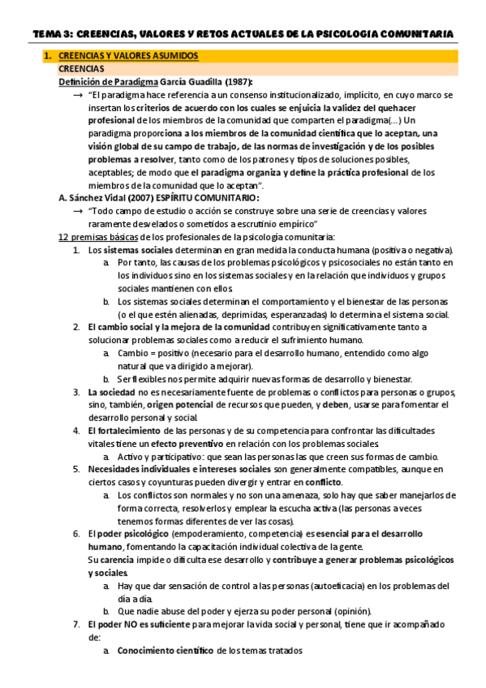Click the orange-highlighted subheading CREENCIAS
point(80,69)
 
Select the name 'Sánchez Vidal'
point(100,198)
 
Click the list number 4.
point(75,431)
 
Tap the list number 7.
point(75,625)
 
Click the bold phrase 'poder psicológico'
point(132,534)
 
